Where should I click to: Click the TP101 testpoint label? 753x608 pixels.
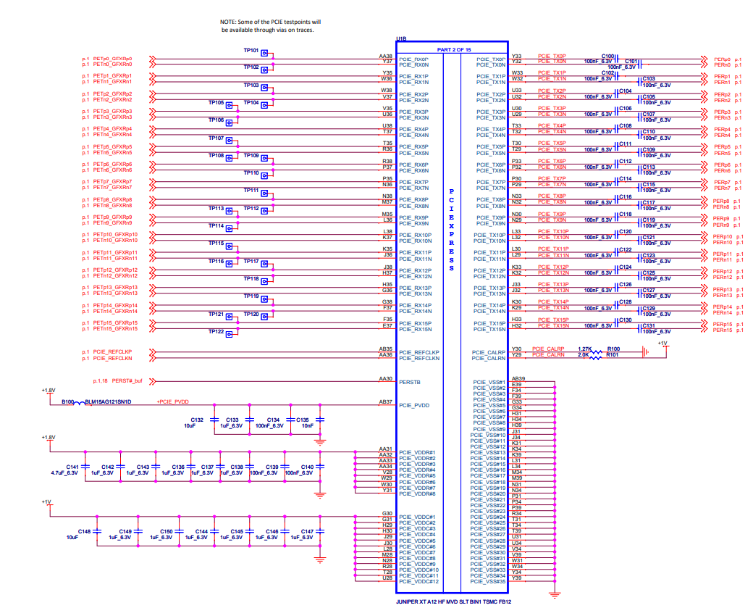click(251, 51)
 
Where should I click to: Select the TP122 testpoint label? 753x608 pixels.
click(216, 331)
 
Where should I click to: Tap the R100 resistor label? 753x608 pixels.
click(613, 349)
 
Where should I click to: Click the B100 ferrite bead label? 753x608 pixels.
click(68, 401)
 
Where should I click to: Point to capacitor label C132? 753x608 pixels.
click(197, 420)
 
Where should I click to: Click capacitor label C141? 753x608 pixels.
click(72, 467)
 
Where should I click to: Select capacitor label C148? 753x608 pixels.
click(85, 531)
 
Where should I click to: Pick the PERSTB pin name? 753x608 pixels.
click(410, 381)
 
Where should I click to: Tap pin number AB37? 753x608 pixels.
click(385, 401)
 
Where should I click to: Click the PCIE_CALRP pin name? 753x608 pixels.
click(489, 352)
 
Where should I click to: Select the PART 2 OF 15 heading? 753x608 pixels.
click(454, 49)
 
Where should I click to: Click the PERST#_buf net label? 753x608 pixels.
click(125, 380)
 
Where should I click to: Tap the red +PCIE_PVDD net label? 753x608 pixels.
click(173, 401)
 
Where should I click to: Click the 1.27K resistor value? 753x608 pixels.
click(584, 349)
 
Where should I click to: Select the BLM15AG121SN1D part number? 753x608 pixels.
click(109, 401)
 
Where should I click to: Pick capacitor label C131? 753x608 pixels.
click(649, 325)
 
